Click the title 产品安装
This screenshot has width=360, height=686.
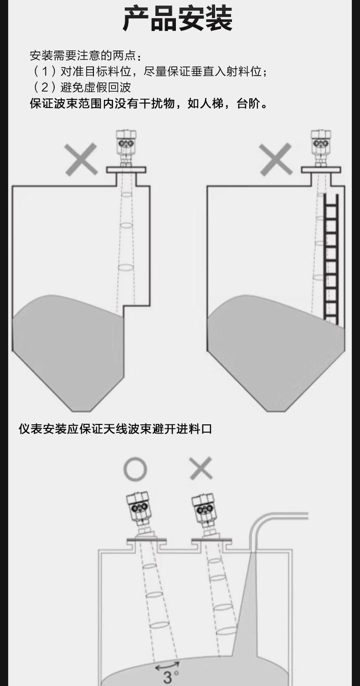(178, 19)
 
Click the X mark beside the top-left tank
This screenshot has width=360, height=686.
(81, 159)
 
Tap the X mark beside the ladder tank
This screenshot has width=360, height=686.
(276, 159)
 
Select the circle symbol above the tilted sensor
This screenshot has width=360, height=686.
(135, 469)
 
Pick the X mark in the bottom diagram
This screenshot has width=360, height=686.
(201, 469)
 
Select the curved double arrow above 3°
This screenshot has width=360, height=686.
(167, 665)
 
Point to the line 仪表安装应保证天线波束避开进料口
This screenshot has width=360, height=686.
(115, 429)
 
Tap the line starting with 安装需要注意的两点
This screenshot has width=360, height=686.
(85, 56)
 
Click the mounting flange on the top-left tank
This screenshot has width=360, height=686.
(126, 170)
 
